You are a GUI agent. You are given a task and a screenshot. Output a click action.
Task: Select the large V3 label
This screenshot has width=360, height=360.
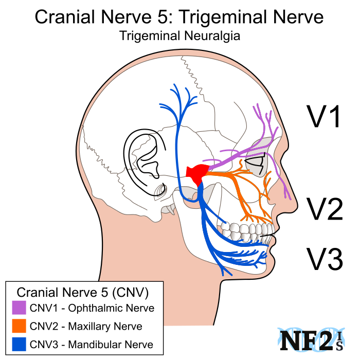(x=325, y=259)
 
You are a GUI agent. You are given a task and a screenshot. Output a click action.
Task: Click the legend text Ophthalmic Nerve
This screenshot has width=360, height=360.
(x=111, y=309)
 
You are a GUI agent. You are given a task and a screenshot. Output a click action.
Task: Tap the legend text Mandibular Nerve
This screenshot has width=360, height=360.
(x=111, y=345)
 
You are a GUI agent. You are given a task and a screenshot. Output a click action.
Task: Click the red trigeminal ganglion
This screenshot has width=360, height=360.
(x=197, y=173)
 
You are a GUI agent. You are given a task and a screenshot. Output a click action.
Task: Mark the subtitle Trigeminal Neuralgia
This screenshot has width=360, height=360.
(x=179, y=37)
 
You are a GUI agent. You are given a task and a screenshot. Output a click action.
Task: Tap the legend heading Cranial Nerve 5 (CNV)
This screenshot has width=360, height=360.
(x=83, y=292)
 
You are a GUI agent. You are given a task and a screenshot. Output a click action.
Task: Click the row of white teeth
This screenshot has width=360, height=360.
(x=247, y=230)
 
